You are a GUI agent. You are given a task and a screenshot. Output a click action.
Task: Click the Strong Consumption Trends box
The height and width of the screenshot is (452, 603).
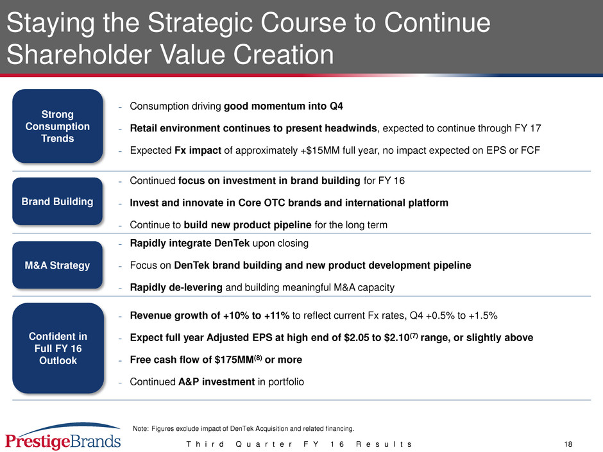(x=58, y=126)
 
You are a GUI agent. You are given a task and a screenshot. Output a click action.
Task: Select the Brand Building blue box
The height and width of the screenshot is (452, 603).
(x=58, y=201)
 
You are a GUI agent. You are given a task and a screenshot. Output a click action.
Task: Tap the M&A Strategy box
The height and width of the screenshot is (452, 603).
(x=58, y=265)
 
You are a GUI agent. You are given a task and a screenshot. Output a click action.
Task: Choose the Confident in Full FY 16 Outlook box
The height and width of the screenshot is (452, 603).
(x=58, y=348)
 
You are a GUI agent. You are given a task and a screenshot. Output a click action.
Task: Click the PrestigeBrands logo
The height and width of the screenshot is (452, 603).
(x=63, y=437)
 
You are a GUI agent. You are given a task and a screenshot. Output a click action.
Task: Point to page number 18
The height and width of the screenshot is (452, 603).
(x=568, y=444)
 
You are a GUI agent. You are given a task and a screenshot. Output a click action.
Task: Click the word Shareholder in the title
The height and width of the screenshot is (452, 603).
(x=79, y=54)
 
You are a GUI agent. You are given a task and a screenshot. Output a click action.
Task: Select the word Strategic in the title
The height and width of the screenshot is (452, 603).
(x=201, y=23)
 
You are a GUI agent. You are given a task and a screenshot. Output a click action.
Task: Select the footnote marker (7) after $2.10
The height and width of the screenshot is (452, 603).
(x=413, y=335)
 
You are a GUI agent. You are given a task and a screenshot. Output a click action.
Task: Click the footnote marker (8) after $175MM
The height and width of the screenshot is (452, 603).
(x=258, y=358)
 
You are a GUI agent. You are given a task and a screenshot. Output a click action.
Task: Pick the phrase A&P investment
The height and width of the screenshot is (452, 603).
(x=217, y=381)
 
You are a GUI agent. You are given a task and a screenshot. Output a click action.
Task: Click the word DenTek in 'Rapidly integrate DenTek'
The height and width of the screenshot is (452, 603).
(x=232, y=243)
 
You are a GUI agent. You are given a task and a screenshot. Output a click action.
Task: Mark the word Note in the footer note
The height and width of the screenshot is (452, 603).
(x=140, y=428)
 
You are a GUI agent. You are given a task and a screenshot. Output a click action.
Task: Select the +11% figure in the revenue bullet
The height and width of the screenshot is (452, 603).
(x=276, y=315)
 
